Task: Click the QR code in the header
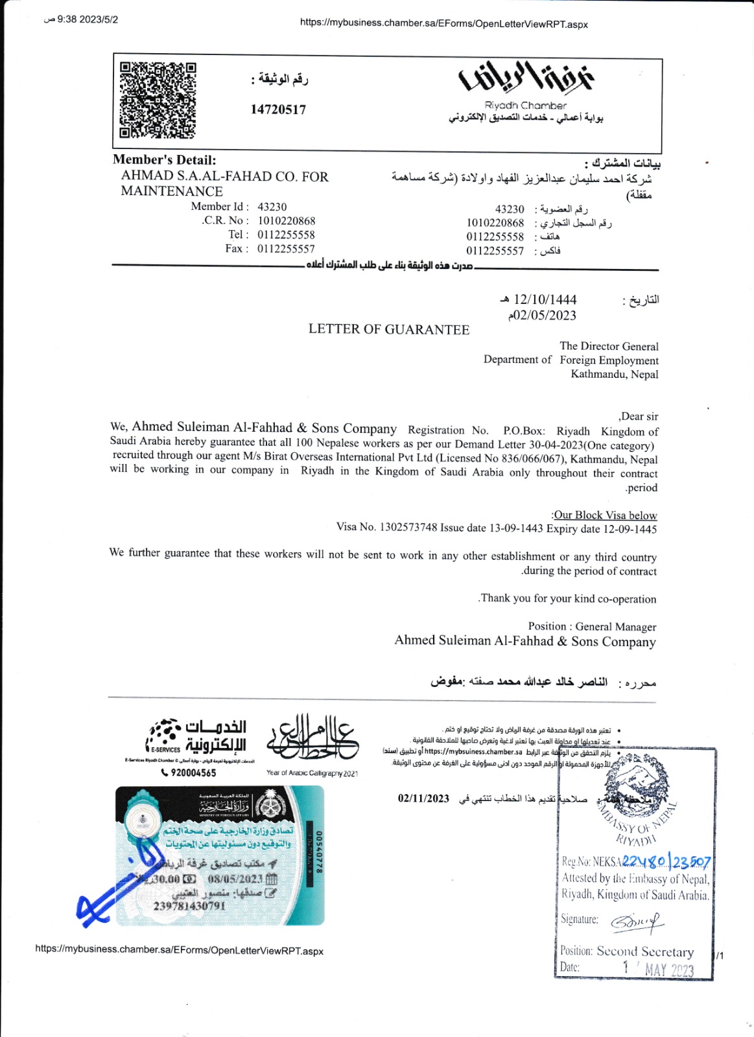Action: [158, 100]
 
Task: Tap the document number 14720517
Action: [278, 110]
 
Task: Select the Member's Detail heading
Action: [165, 160]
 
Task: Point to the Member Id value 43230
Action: [272, 207]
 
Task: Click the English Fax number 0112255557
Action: [286, 249]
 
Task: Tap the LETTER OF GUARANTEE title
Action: [389, 330]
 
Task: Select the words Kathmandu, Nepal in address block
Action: [614, 375]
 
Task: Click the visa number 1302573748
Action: [408, 527]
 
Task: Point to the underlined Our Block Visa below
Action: [605, 515]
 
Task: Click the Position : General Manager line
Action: [592, 627]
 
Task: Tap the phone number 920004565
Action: [189, 773]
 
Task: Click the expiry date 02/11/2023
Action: [423, 798]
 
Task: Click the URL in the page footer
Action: [180, 951]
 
